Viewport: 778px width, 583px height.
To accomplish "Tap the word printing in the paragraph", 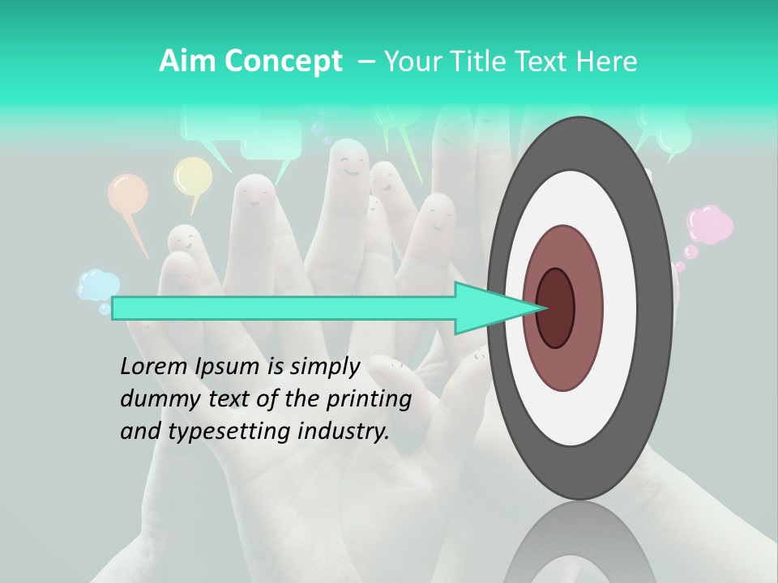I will point(369,400).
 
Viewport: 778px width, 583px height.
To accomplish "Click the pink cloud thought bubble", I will point(709,224).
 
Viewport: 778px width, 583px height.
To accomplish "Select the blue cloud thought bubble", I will point(99,285).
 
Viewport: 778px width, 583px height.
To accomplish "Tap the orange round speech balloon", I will point(128,194).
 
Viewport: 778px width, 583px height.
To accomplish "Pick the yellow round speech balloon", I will point(193,176).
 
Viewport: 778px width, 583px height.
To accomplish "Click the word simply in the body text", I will point(324,368).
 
